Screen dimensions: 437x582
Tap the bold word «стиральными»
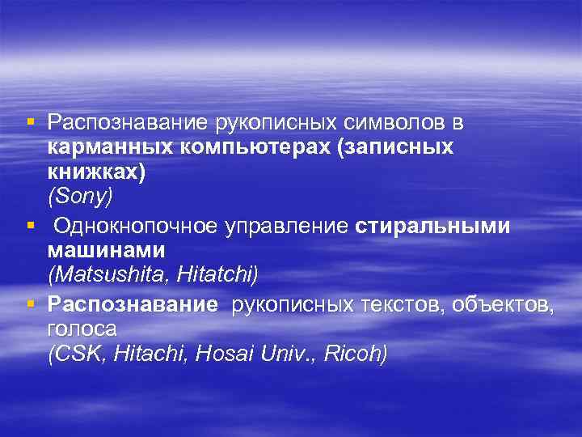point(432,227)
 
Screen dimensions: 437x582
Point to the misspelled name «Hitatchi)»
point(218,276)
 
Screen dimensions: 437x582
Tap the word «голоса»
point(82,329)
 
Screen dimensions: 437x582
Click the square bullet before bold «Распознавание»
point(30,303)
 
